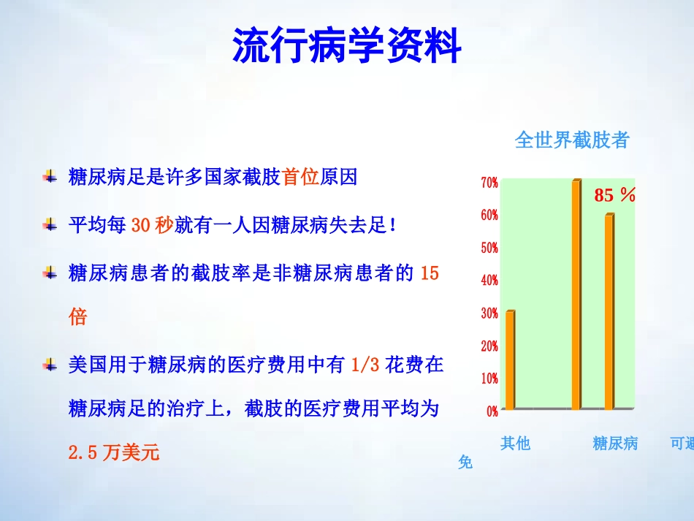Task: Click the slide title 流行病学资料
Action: (347, 47)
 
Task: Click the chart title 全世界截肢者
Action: (571, 140)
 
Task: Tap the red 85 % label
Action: (615, 195)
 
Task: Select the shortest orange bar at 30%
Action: (510, 360)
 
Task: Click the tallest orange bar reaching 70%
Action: (576, 294)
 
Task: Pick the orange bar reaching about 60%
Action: (609, 311)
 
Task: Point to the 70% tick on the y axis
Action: (489, 183)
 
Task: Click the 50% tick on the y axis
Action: (489, 248)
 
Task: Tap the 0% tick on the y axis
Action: (492, 411)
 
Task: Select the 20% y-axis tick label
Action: (489, 346)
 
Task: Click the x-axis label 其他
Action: (515, 443)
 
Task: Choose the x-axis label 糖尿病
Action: (615, 443)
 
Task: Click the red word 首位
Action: (300, 178)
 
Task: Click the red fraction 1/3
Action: (366, 365)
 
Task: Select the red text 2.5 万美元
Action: (113, 452)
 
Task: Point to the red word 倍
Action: (77, 317)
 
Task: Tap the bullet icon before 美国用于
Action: (50, 364)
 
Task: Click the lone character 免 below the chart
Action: (465, 462)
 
